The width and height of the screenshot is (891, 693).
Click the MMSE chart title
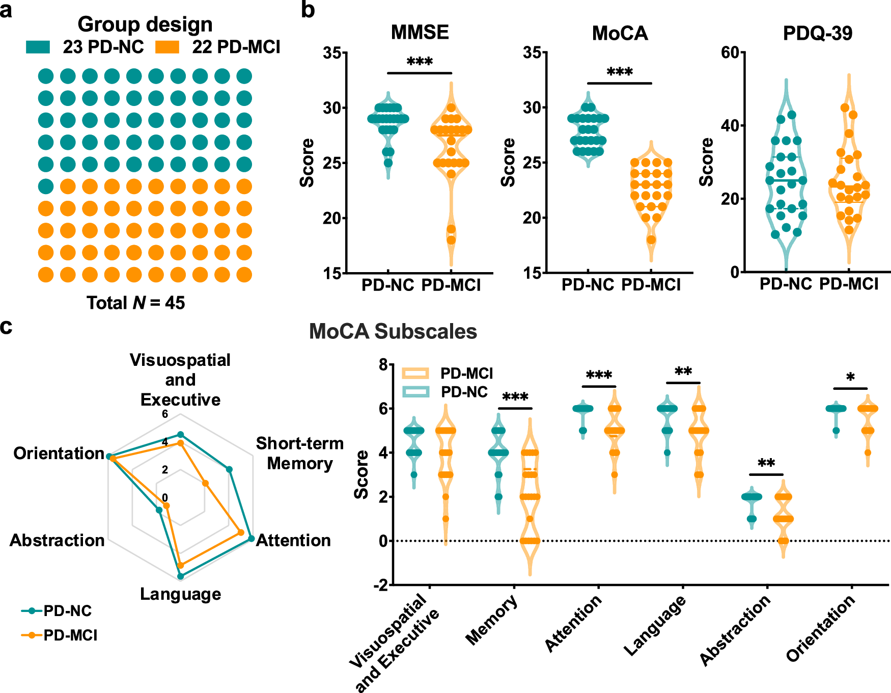(x=420, y=33)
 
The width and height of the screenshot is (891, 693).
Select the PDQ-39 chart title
(x=817, y=34)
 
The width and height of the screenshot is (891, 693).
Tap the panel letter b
(x=308, y=10)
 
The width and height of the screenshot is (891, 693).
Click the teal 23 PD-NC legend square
(x=38, y=47)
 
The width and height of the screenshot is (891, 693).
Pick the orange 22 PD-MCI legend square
(x=168, y=47)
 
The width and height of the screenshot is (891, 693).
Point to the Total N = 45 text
(x=135, y=303)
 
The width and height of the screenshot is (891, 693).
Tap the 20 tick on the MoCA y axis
(x=532, y=218)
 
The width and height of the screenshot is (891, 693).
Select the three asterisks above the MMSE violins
(x=420, y=63)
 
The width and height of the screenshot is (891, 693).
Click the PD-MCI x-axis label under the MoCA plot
(x=651, y=285)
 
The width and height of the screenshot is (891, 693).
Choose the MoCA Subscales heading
(x=393, y=332)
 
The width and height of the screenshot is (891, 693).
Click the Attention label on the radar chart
(x=293, y=540)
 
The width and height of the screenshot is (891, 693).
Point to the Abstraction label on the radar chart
(x=57, y=540)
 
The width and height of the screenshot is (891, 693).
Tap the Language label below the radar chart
(x=180, y=594)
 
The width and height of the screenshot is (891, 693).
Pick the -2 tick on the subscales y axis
(x=380, y=585)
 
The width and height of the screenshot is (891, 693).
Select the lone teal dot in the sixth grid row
(x=46, y=186)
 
